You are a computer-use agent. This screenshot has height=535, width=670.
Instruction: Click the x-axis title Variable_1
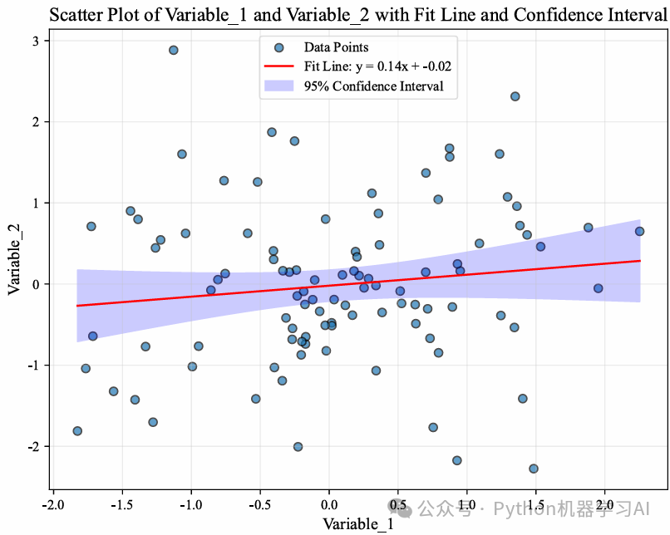click(358, 524)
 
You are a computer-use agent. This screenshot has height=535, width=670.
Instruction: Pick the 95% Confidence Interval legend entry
click(373, 86)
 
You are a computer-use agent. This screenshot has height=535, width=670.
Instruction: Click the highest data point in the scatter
click(174, 50)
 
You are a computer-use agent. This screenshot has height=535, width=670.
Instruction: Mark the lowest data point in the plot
click(534, 469)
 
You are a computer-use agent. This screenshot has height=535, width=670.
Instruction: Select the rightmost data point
click(639, 231)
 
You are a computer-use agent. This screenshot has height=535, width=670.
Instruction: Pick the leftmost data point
click(77, 431)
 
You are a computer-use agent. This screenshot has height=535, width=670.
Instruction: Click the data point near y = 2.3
click(515, 96)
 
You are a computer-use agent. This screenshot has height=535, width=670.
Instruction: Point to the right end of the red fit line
click(640, 261)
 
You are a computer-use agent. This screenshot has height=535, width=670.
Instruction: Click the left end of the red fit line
click(77, 306)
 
